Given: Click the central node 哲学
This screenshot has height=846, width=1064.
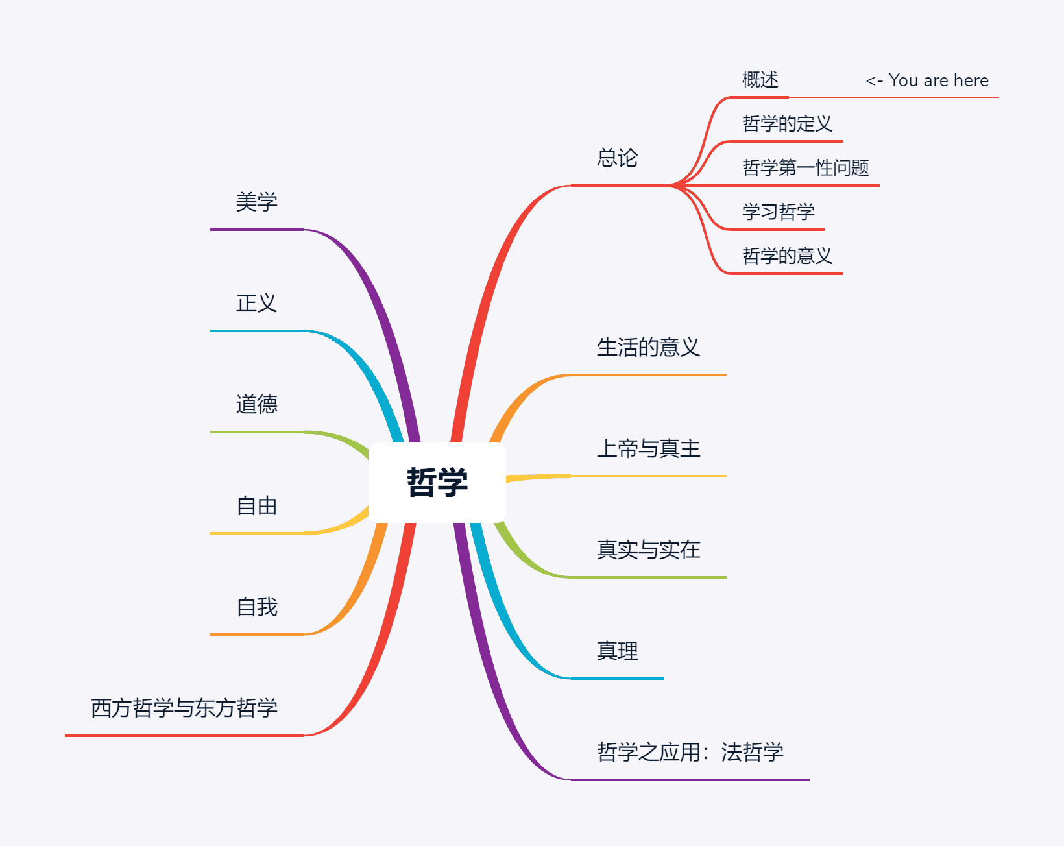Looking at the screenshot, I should coord(437,482).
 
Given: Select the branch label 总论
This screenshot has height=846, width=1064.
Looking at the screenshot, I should coord(617,158).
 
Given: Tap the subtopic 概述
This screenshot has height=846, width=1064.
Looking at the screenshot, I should coord(760,80).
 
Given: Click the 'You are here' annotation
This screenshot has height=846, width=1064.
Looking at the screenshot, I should coord(927,80).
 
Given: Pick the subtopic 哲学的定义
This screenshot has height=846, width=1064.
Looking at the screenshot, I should coord(786,123).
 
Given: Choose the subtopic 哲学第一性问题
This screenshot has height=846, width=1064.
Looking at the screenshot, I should coord(805,167).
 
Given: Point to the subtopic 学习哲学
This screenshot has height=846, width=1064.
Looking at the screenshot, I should coord(778,211).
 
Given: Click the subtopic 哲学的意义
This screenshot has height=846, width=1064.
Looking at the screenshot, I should coord(786,256).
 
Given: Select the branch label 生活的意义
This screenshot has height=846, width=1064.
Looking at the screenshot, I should coord(648,347).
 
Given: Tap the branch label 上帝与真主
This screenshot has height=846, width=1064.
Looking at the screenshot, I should coord(648,448).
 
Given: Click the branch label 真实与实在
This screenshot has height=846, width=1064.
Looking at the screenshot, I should coord(648,550).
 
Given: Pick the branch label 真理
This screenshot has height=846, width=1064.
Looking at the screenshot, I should coord(617,651).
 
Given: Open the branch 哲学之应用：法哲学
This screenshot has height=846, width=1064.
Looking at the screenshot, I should coord(690,752).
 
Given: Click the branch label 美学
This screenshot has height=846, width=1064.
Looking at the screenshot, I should coord(256,202).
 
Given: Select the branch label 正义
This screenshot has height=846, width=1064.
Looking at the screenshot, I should coord(256,303).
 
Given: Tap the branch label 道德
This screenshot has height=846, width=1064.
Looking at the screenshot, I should coord(256,404).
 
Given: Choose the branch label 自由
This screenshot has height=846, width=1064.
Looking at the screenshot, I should coord(256,505).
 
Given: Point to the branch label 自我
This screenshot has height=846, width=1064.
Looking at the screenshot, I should coord(256,607).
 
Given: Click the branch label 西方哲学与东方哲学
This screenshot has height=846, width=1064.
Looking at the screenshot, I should coord(184,708).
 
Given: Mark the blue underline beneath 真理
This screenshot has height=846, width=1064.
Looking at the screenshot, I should coord(617,679).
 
